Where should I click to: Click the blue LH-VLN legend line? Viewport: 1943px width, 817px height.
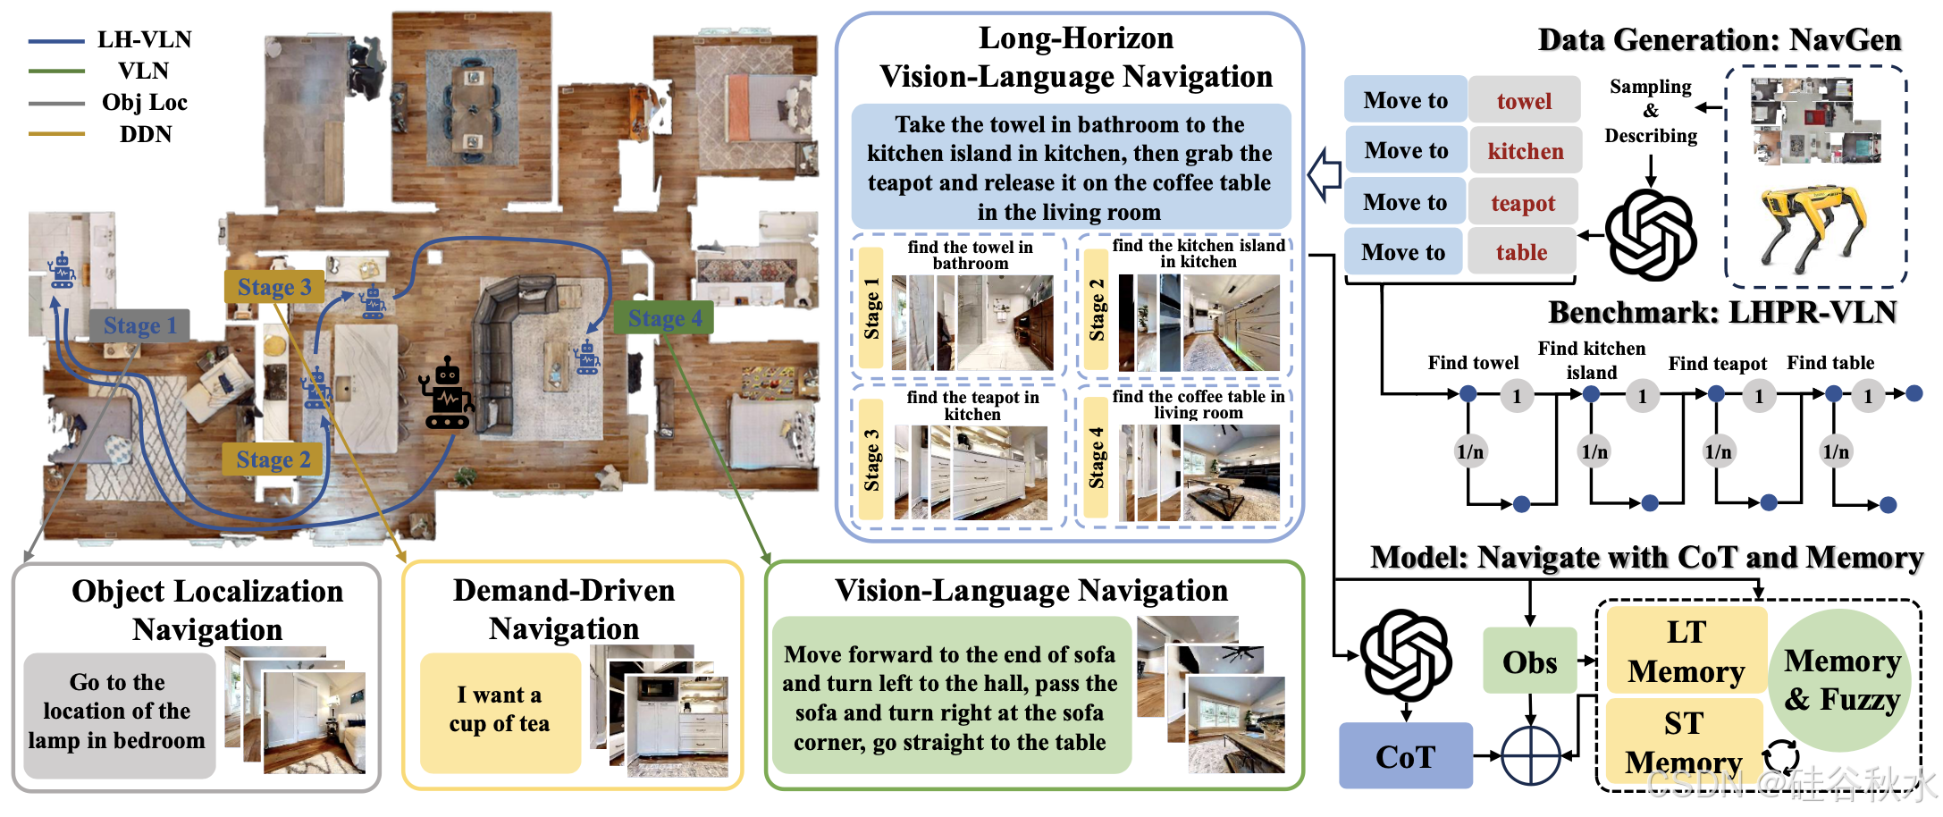coord(56,41)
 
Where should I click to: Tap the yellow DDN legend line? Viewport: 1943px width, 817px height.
coord(56,134)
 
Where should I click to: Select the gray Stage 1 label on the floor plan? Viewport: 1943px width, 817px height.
coord(139,325)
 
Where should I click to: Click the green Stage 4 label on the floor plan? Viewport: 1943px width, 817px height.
coord(664,318)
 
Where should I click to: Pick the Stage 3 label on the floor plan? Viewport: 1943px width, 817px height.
coord(273,287)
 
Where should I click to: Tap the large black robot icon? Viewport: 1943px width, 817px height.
coord(447,394)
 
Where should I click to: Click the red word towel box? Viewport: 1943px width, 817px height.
coord(1524,101)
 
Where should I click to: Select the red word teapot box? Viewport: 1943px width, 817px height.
coord(1523,203)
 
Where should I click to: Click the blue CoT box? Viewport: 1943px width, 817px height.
coord(1405,756)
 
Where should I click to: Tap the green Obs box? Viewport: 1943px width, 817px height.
coord(1529,661)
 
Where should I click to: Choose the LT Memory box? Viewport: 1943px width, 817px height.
coord(1686,652)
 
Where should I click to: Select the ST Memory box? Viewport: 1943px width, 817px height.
coord(1684,741)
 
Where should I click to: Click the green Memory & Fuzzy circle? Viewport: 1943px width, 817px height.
coord(1841,679)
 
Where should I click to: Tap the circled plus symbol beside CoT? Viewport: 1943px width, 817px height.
coord(1530,756)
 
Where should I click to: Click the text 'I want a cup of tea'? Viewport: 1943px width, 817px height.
coord(500,709)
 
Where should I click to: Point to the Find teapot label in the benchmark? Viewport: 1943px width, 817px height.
coord(1717,364)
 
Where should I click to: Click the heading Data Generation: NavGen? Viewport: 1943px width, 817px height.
coord(1719,40)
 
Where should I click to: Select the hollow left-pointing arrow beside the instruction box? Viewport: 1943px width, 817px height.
coord(1325,173)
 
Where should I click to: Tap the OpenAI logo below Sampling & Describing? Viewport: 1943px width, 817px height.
coord(1651,234)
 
